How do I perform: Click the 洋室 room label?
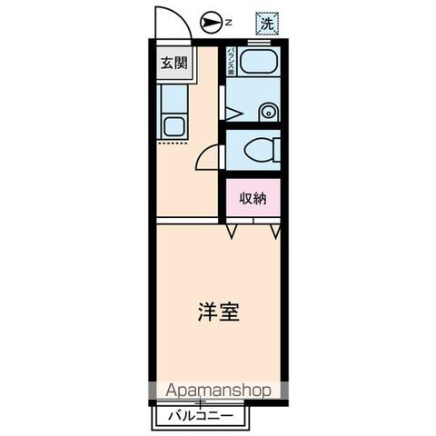pos(218,312)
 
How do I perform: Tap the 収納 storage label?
pos(253,199)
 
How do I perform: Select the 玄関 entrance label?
pos(174,64)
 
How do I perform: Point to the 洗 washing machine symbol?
pos(267,21)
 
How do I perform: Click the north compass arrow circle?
pos(209,21)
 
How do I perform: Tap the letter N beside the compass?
pos(230,21)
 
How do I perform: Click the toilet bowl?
pos(259,150)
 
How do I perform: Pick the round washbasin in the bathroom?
pos(267,113)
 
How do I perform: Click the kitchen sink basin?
pos(173,125)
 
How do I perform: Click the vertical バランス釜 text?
pos(232,63)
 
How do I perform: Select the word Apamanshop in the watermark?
pos(217,391)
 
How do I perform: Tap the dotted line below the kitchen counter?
pos(172,143)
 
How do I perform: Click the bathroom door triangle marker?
pos(233,114)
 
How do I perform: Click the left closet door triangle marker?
pos(233,233)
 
